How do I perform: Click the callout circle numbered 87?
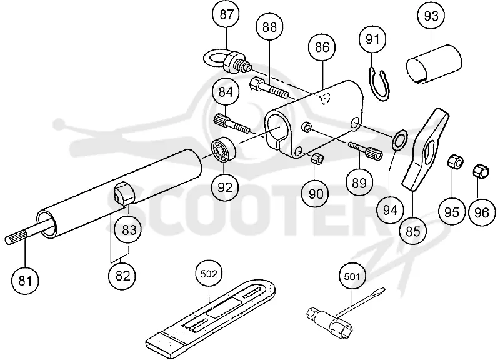point(227,14)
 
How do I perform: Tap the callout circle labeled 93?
point(431,15)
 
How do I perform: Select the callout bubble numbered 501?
point(352,276)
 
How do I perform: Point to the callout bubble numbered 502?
point(209,274)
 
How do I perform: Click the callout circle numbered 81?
point(26,281)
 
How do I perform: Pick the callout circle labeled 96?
point(482,212)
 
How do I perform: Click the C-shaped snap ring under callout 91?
point(379,84)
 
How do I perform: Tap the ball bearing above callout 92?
point(223,149)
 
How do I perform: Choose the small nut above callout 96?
point(480,170)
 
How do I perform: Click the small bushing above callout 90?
point(317,158)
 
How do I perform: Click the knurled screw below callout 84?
point(232,122)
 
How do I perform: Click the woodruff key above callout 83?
point(123,192)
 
